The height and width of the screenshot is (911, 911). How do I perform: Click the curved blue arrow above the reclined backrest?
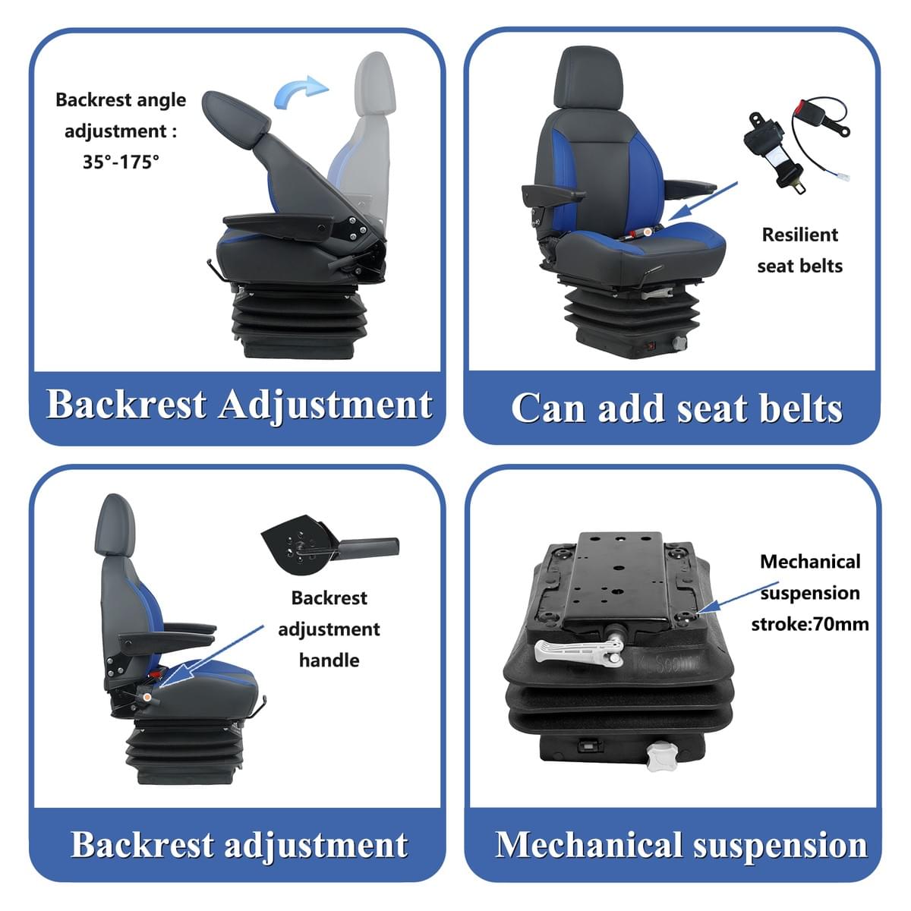[x=299, y=91]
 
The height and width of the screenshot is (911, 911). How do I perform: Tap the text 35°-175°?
[x=121, y=162]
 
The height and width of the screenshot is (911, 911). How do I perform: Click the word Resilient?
[x=800, y=235]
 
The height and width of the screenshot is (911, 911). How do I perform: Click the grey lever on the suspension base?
[x=578, y=652]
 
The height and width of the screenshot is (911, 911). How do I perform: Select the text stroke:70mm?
[x=810, y=625]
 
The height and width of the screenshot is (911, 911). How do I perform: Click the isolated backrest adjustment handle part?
[x=329, y=544]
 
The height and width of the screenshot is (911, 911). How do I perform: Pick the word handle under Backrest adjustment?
[x=329, y=660]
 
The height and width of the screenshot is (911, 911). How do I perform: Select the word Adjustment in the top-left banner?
[x=325, y=405]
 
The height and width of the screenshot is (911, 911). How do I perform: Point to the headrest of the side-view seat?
[x=115, y=525]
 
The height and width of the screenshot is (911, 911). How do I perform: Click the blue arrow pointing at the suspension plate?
[x=738, y=597]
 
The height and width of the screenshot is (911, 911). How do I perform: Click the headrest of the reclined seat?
[x=236, y=115]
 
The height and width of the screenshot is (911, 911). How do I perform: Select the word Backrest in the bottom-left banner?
[x=142, y=844]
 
